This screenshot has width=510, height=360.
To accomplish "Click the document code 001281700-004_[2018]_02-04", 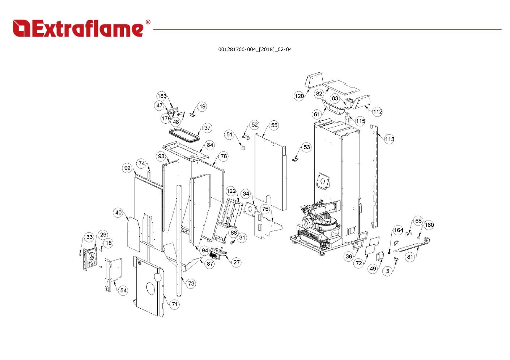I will [x=255, y=50].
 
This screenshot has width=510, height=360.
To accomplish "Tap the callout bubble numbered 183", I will [x=162, y=96].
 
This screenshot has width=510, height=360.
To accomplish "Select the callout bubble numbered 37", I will [x=207, y=128].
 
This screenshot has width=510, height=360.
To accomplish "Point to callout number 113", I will [x=389, y=139].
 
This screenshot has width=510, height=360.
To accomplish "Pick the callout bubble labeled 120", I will [x=299, y=96].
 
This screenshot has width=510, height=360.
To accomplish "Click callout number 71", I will [x=175, y=304].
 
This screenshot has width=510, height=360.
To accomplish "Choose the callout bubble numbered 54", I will [x=123, y=290].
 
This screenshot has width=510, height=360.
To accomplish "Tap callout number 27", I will [x=237, y=262].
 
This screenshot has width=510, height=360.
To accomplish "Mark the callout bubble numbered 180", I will [x=429, y=225].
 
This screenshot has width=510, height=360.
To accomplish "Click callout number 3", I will [x=388, y=271].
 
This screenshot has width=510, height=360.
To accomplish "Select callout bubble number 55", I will [x=274, y=125].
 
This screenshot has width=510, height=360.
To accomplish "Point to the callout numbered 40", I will [x=119, y=213].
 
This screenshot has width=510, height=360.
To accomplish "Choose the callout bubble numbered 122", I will [x=231, y=191].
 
